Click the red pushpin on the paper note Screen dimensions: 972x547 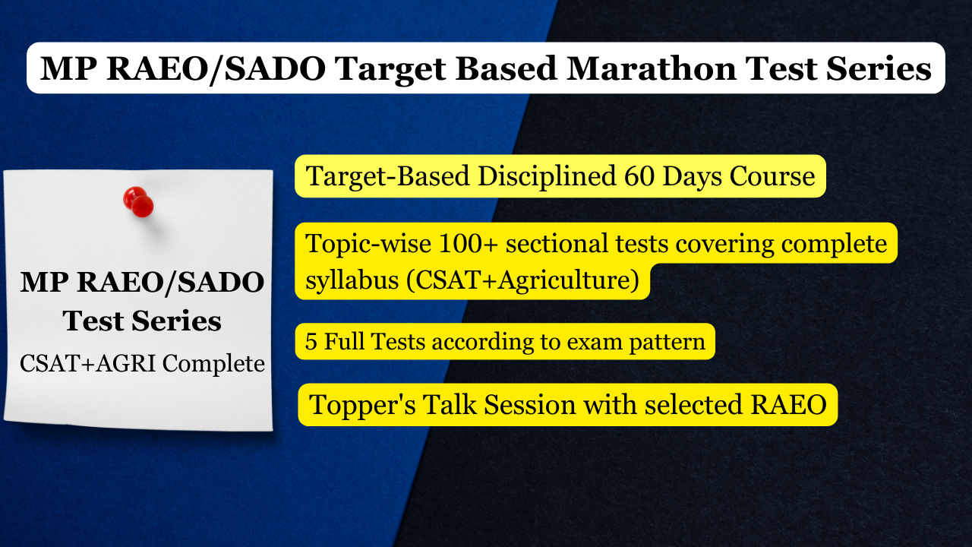pos(138,202)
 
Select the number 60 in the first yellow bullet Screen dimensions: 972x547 pos(639,176)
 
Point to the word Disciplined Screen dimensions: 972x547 pos(547,176)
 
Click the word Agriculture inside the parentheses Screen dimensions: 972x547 pos(563,280)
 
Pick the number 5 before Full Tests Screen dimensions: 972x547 pos(311,341)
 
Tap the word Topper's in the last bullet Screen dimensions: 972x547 pos(362,406)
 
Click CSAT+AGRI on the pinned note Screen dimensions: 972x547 pos(87,363)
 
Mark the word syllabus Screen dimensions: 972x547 pos(352,280)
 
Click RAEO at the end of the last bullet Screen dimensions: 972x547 pos(788,405)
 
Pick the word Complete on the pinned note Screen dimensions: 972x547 pos(213,364)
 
